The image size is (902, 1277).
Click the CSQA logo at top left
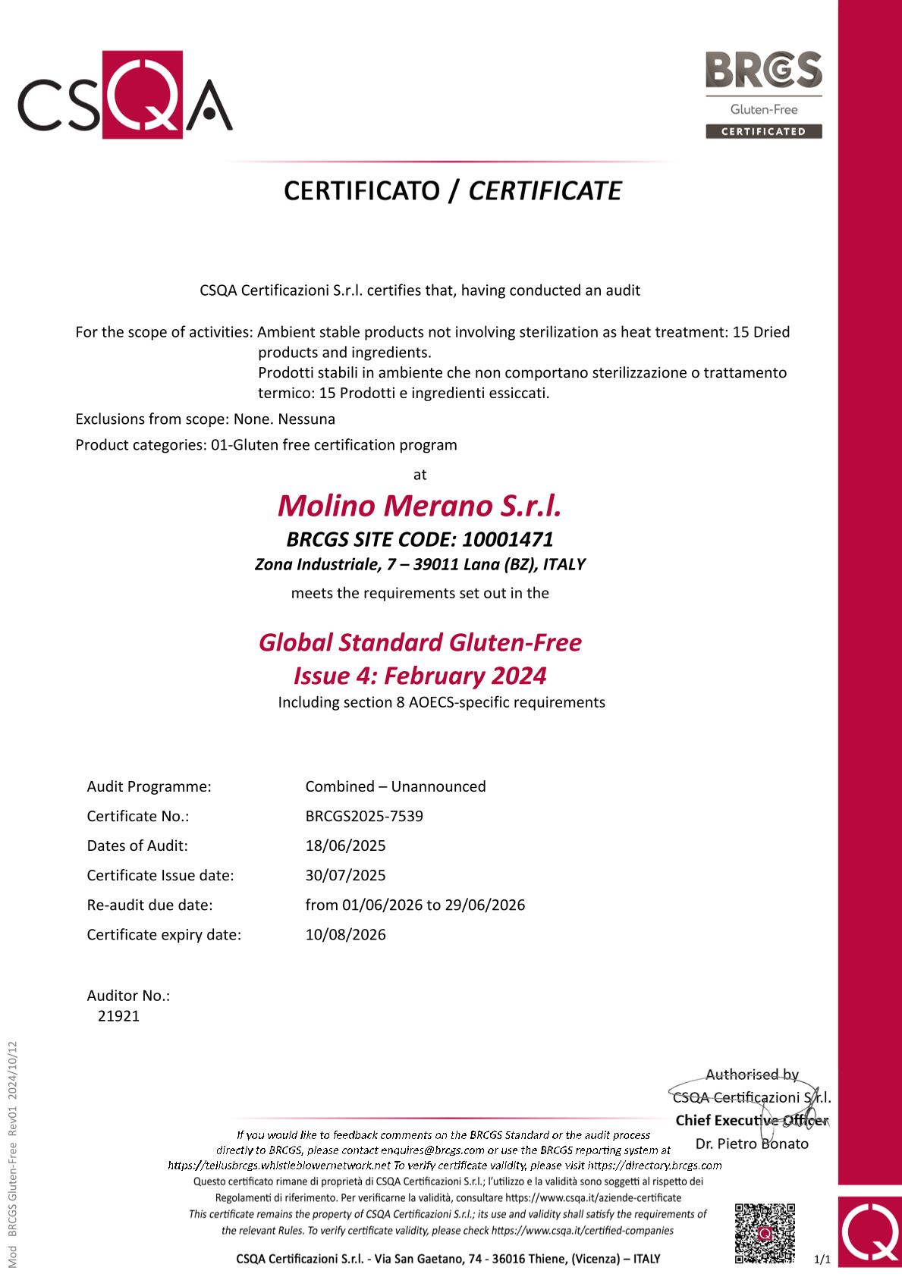125,95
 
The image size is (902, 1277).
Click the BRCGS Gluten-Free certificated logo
763,95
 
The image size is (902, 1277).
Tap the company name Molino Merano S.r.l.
420,506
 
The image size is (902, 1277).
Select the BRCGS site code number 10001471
508,539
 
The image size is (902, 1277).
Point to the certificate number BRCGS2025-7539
364,816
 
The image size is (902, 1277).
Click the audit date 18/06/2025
345,846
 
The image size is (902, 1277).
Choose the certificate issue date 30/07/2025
345,875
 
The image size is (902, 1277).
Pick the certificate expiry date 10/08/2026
345,934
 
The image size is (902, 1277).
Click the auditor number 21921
119,1016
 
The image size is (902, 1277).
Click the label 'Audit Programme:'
149,786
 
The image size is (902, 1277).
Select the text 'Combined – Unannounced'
395,786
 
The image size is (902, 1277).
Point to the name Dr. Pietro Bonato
752,1144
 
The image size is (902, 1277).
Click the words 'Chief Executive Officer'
752,1120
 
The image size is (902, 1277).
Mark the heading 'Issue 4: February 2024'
420,676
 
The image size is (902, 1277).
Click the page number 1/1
822,1260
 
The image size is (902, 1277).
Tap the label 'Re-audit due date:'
149,905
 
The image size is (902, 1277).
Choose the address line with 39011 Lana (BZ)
420,564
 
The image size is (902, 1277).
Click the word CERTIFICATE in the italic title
545,191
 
